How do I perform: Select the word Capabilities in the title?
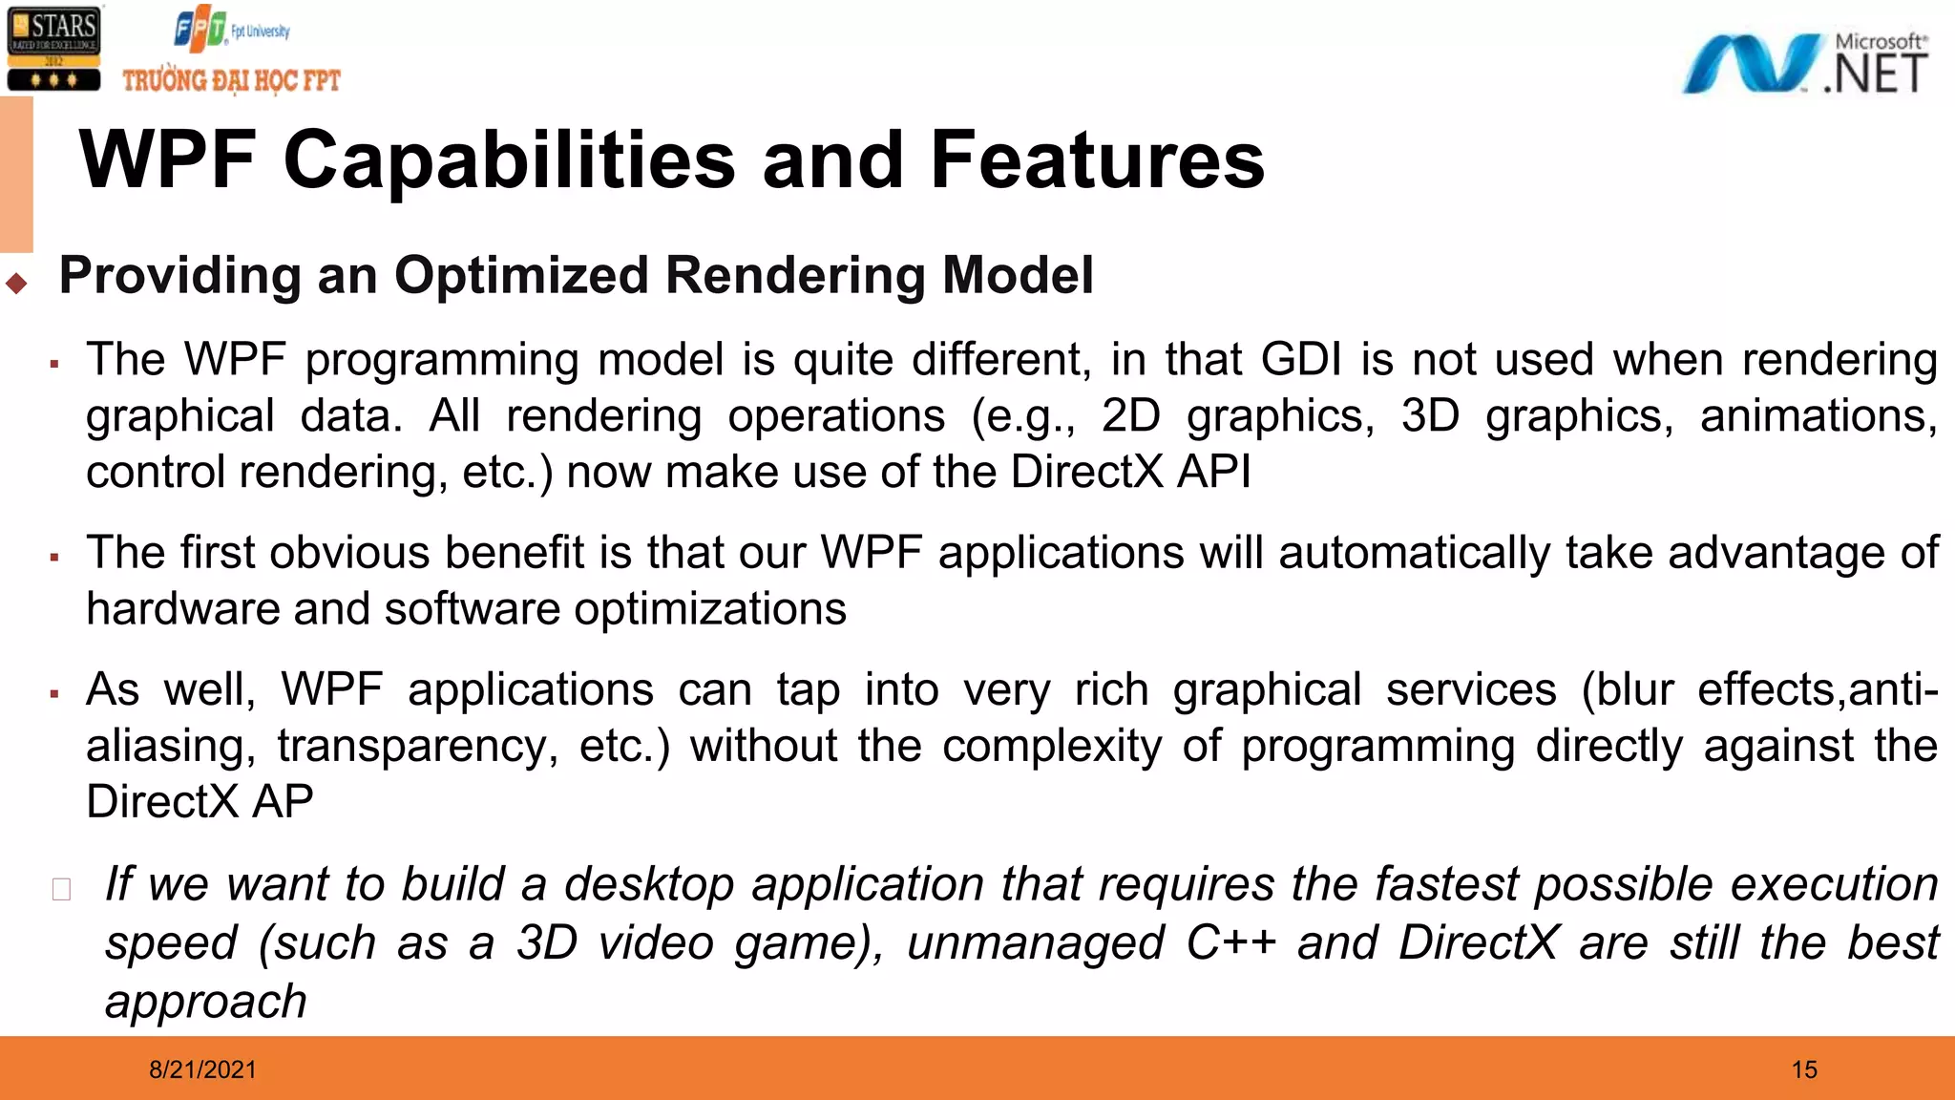point(510,160)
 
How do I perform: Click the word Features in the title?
point(1097,160)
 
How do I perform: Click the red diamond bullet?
point(16,283)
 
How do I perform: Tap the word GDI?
point(1301,361)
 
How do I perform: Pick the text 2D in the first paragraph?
point(1130,416)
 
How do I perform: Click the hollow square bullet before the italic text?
point(62,889)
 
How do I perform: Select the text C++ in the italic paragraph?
point(1230,943)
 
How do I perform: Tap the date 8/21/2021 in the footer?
point(202,1069)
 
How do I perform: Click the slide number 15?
point(1804,1069)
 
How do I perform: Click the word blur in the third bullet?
point(1635,690)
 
